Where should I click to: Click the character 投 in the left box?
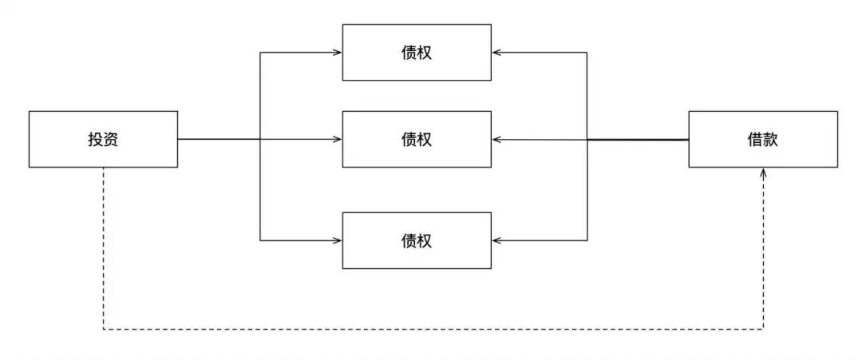(96, 140)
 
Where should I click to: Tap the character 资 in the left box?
(111, 140)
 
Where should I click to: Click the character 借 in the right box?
(755, 140)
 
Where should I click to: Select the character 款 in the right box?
(770, 140)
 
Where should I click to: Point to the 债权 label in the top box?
(417, 53)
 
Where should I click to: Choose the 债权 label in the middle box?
(417, 140)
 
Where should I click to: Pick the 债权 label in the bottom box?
(417, 240)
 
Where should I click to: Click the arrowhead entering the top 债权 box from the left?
(338, 53)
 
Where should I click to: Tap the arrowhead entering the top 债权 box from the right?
(496, 53)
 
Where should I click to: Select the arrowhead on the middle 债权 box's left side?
(338, 140)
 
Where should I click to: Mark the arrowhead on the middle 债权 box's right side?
(496, 140)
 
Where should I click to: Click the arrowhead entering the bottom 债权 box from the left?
(338, 240)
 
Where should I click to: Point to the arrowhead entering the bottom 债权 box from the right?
(496, 240)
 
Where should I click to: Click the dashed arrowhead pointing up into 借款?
(764, 172)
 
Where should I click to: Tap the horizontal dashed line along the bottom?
(431, 329)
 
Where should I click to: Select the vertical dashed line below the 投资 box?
(104, 247)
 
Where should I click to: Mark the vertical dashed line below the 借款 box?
(764, 255)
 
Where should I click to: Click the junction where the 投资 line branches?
(260, 140)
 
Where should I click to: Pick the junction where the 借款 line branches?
(587, 140)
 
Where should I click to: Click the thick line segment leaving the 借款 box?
(639, 140)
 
